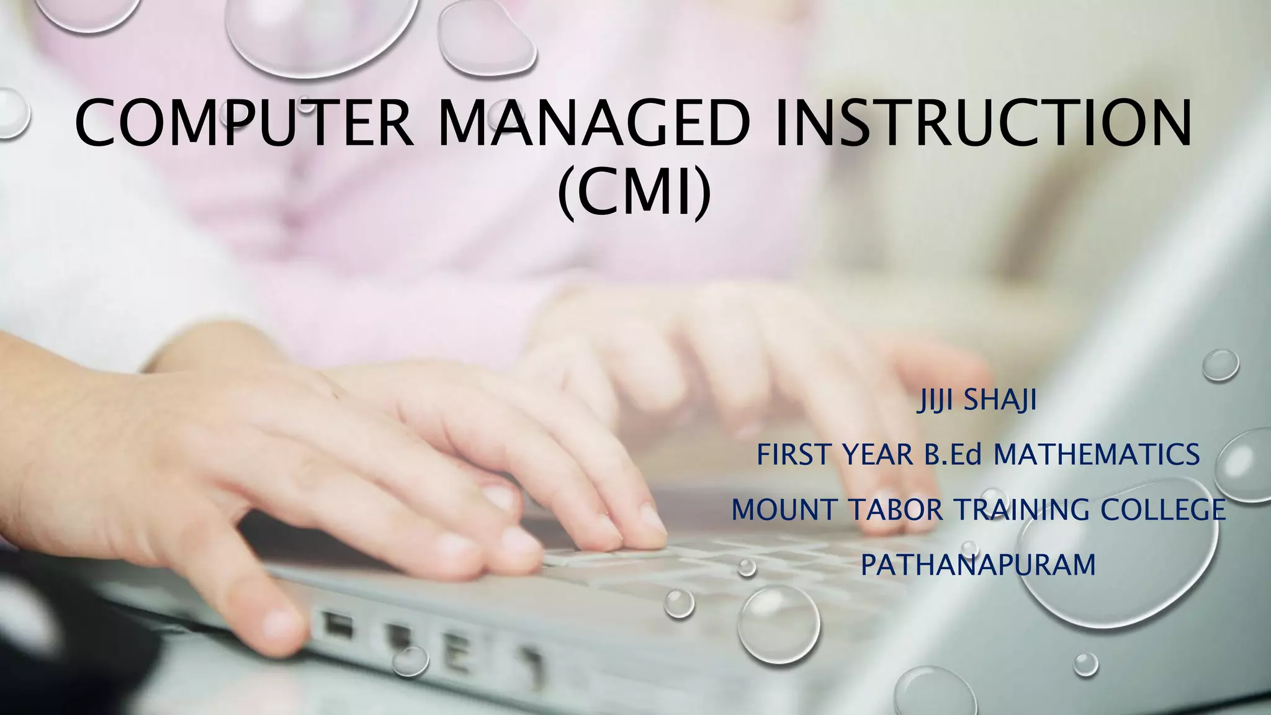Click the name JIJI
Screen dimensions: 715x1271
pyautogui.click(x=936, y=401)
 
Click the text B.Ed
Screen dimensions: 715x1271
pyautogui.click(x=953, y=456)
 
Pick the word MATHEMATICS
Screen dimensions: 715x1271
pyautogui.click(x=1096, y=456)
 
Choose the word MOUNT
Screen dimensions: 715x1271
pyautogui.click(x=784, y=510)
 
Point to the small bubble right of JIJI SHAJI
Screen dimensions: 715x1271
pyautogui.click(x=1220, y=365)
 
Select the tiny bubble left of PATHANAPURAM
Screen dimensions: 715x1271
pyautogui.click(x=747, y=567)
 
